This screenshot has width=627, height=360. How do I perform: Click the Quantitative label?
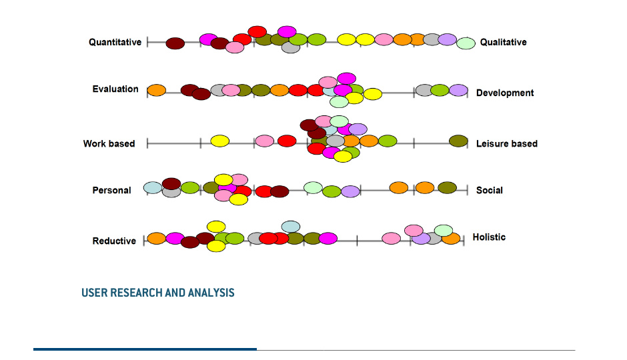tap(115, 42)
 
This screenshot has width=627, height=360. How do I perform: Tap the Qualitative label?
tap(503, 42)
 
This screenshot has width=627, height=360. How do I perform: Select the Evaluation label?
tap(115, 89)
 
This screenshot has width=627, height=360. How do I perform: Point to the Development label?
tap(505, 93)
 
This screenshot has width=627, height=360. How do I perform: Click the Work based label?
tap(109, 143)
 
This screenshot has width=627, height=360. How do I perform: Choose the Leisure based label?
tap(506, 143)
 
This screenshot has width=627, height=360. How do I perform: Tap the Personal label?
tap(111, 190)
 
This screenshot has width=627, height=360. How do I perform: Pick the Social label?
tap(489, 190)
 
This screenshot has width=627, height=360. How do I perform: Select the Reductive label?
tap(113, 241)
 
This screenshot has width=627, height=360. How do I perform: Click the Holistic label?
tap(489, 237)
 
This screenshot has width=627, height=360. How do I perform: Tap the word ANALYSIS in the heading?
tap(211, 293)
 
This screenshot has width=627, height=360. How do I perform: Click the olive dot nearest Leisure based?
tap(458, 141)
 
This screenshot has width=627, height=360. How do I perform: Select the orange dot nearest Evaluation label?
tap(156, 90)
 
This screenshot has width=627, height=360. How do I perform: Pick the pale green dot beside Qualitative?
tap(466, 43)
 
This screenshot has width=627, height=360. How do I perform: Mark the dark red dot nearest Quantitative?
tap(175, 43)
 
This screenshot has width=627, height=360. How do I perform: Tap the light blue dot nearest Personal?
tap(153, 187)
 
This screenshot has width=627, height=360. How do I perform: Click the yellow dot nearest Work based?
tap(220, 141)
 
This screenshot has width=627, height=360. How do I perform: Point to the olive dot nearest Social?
tap(447, 187)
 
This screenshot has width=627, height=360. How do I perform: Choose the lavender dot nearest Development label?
tap(458, 90)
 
